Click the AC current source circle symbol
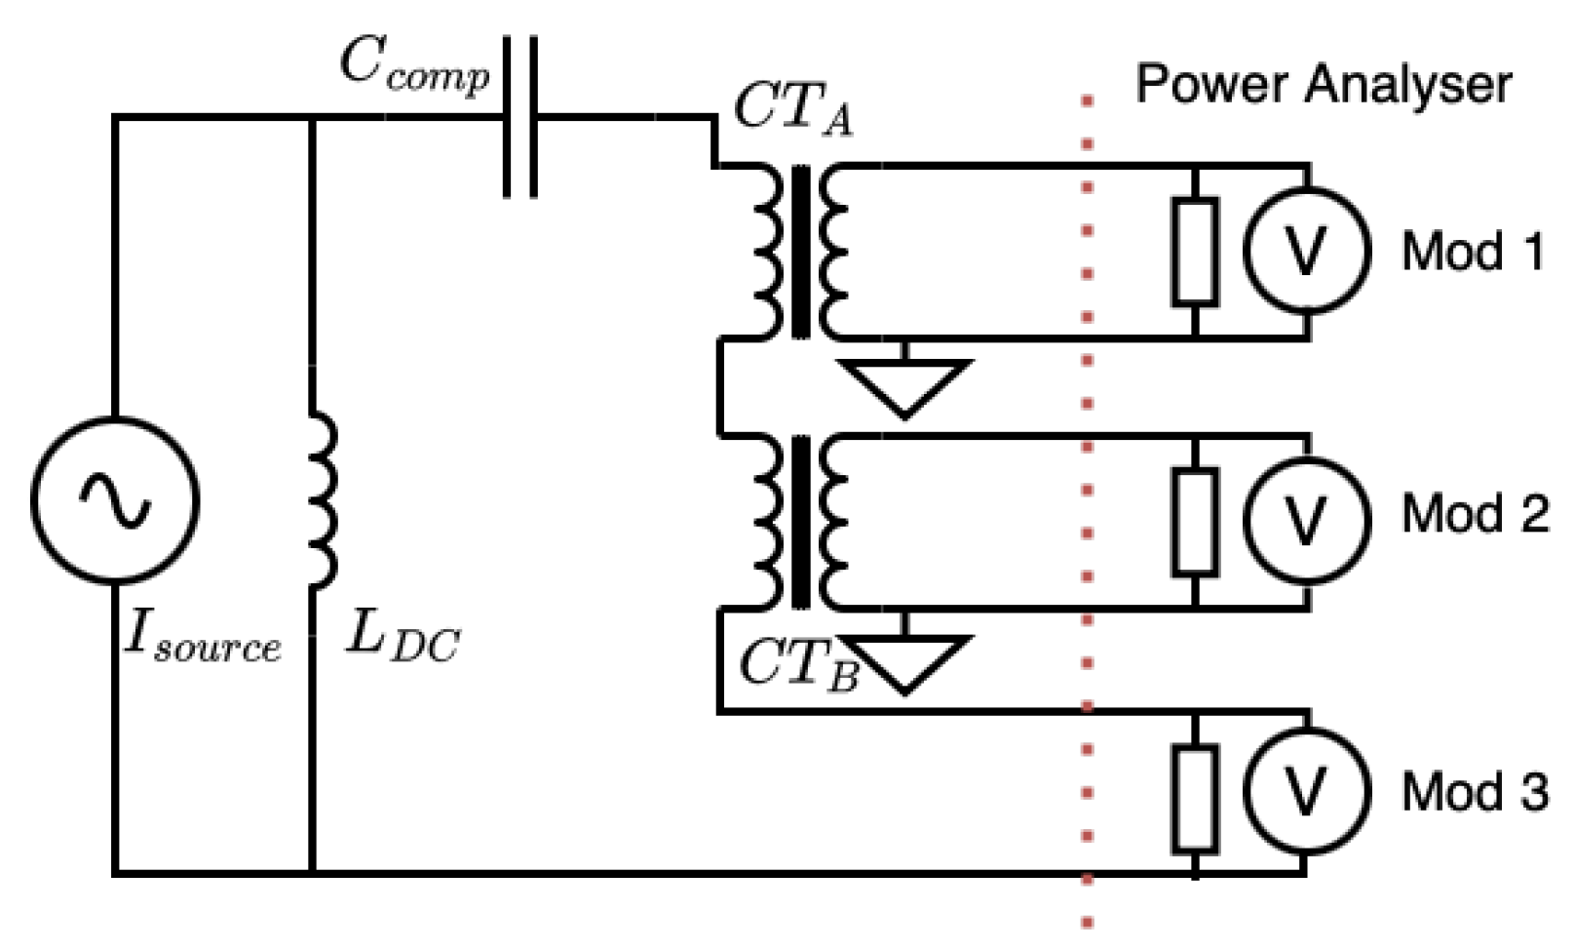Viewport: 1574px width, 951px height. [115, 500]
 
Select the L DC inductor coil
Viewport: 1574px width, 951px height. [322, 500]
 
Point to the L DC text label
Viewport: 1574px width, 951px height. [403, 643]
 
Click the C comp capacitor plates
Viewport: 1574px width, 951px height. [520, 117]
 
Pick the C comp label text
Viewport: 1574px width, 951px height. [414, 66]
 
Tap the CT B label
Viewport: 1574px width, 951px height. [797, 665]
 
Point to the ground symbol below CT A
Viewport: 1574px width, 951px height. [905, 386]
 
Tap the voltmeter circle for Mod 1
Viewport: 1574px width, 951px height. [1306, 251]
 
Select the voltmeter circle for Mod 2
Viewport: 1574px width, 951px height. [1306, 520]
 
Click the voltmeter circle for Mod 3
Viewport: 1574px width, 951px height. [1306, 791]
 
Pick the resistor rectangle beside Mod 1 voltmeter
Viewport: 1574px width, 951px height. [1195, 252]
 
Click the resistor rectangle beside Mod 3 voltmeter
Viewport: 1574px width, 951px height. [1195, 798]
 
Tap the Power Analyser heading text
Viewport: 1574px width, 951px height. [1323, 85]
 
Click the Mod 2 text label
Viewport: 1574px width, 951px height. [1474, 514]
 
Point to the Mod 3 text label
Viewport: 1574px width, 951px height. [1474, 791]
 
